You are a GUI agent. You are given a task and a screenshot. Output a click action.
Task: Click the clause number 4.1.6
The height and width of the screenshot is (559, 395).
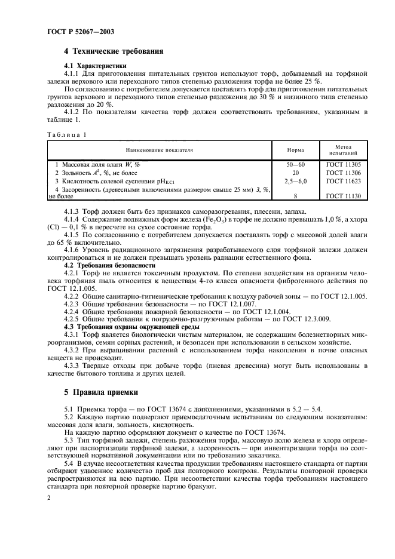(x=74, y=251)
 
